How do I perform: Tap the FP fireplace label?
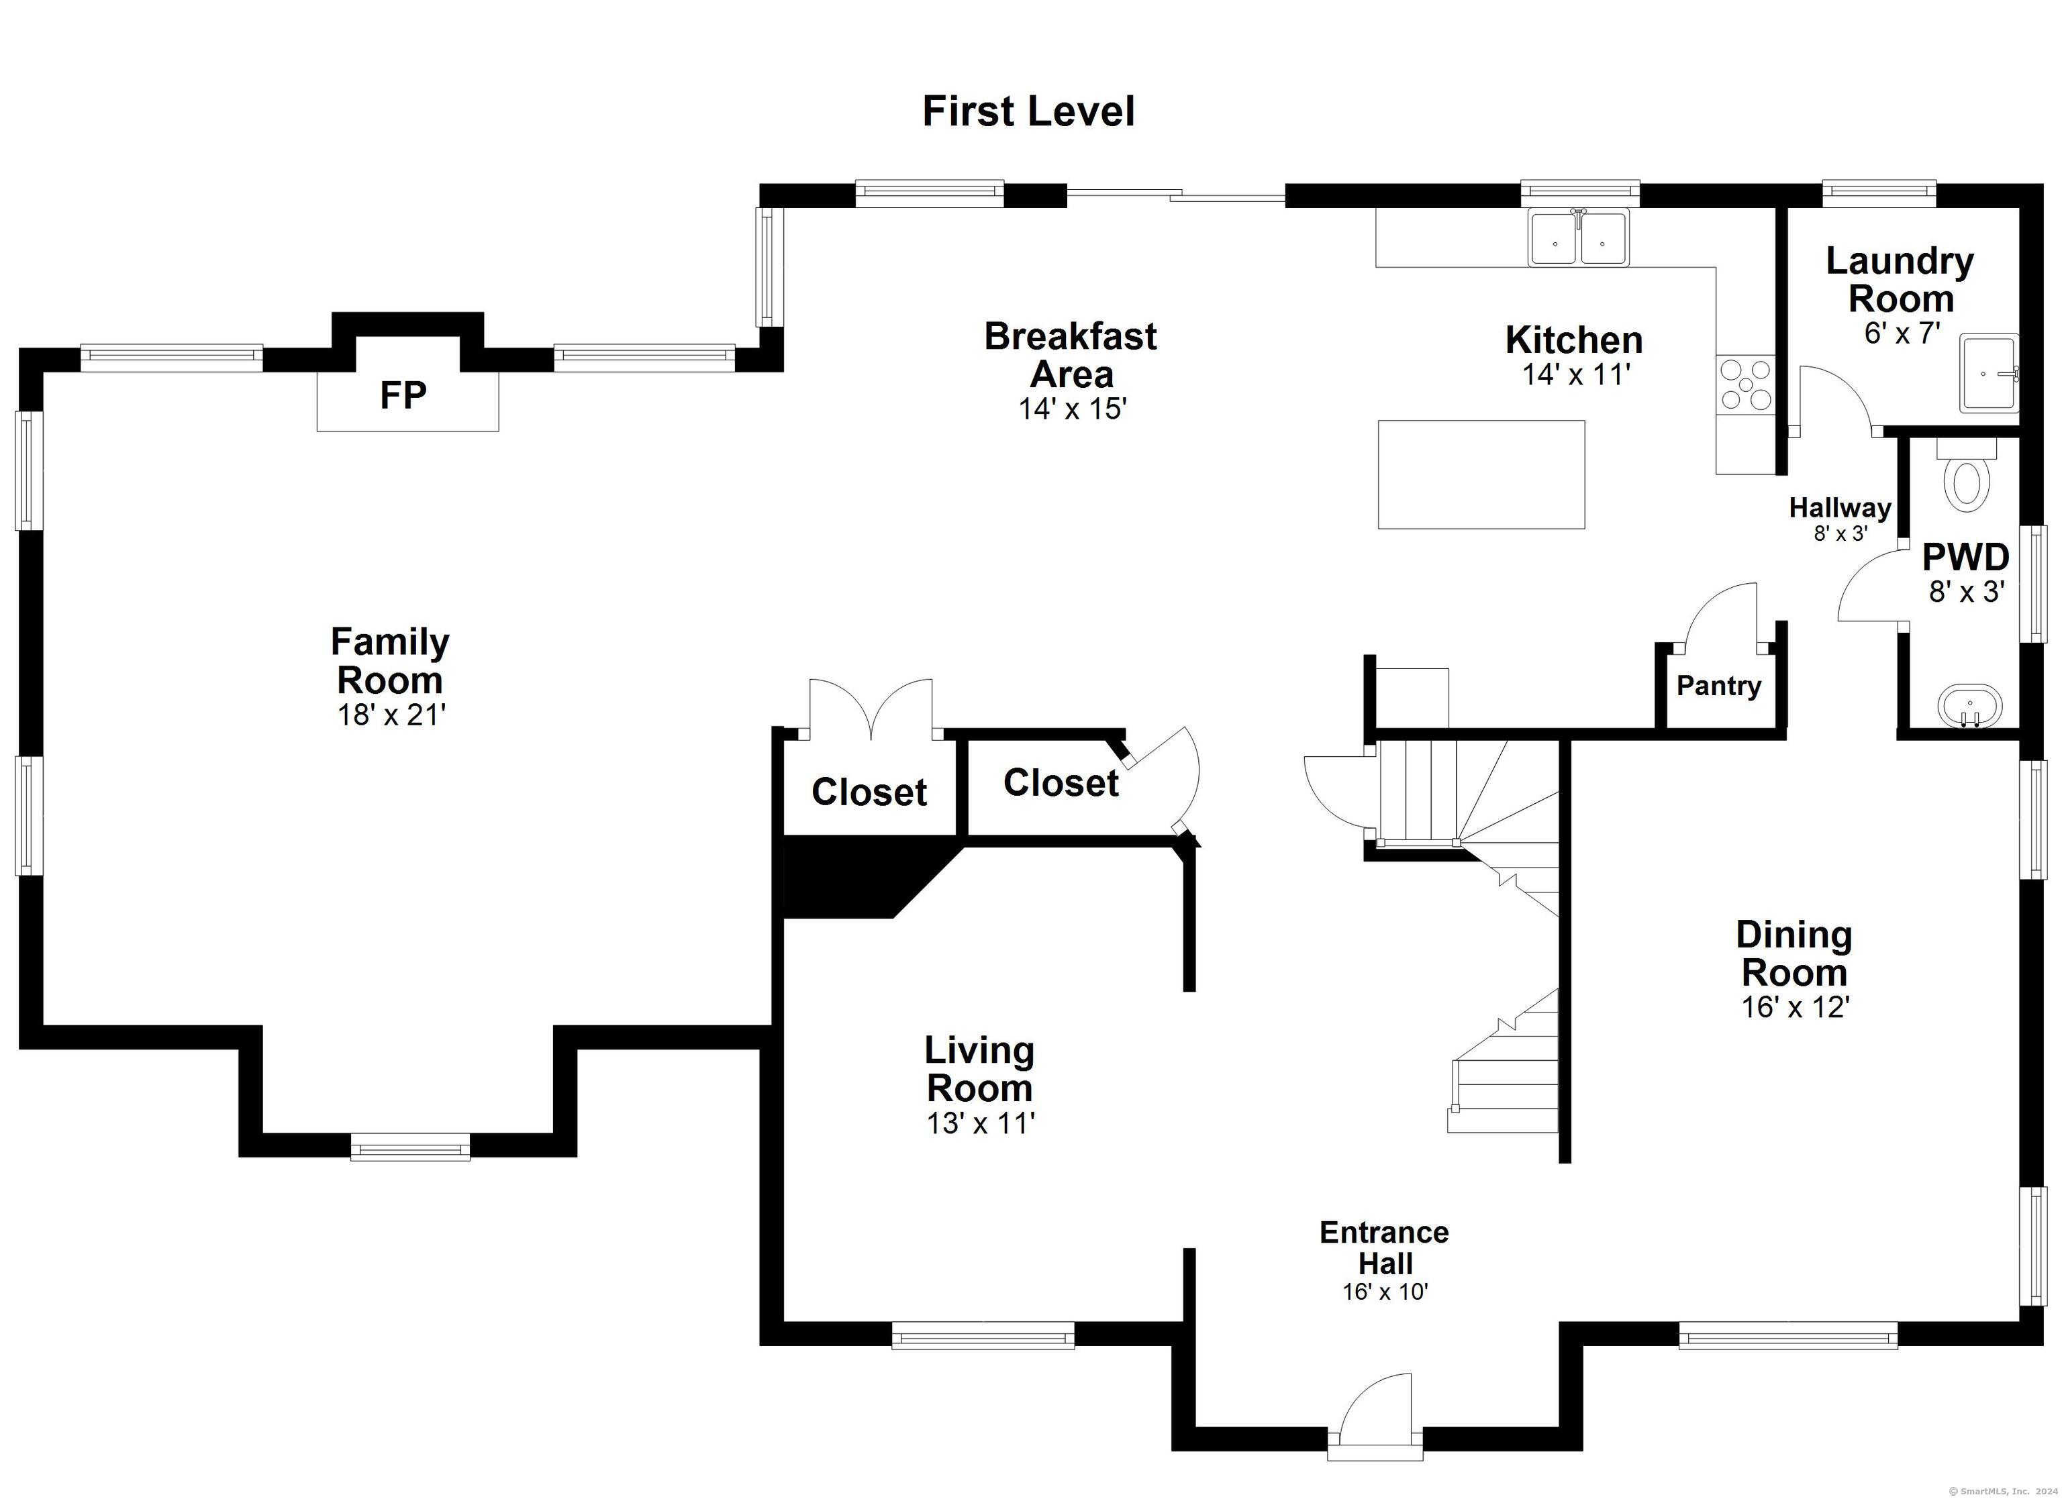403,395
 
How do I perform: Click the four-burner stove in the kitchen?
1746,384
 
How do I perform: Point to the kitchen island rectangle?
1481,474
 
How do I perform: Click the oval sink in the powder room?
1970,707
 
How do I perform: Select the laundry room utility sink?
1988,372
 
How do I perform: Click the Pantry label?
1718,686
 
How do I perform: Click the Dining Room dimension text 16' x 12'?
1796,1007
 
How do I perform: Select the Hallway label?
1840,508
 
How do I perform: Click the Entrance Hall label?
1385,1247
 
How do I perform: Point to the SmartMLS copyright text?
2005,1491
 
